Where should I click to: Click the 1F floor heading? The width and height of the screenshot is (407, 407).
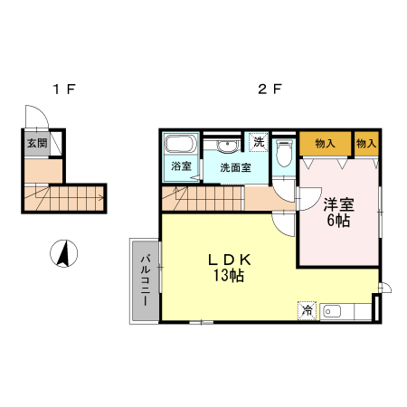tap(64, 90)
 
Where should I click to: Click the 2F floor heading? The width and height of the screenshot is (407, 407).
tap(270, 90)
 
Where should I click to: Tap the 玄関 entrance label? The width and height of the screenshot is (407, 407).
tap(37, 143)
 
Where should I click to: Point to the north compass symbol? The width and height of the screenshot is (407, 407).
tap(63, 253)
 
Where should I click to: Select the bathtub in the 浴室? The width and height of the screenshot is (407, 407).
tap(180, 144)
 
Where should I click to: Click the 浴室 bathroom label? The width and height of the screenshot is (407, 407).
tap(181, 166)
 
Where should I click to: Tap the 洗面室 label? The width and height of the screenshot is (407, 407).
tap(235, 167)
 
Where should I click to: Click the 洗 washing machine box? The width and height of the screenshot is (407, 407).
tap(259, 142)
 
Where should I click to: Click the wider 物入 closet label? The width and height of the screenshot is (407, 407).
tap(325, 144)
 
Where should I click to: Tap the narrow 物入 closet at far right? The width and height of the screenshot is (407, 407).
tap(366, 144)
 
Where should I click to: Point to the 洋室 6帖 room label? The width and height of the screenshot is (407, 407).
tap(338, 213)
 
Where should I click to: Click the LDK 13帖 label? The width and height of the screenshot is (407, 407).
tap(229, 268)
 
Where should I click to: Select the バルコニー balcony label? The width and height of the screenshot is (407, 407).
tap(146, 280)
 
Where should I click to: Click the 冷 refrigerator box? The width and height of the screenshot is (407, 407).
tap(308, 310)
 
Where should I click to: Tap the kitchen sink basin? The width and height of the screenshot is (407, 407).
tap(332, 311)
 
